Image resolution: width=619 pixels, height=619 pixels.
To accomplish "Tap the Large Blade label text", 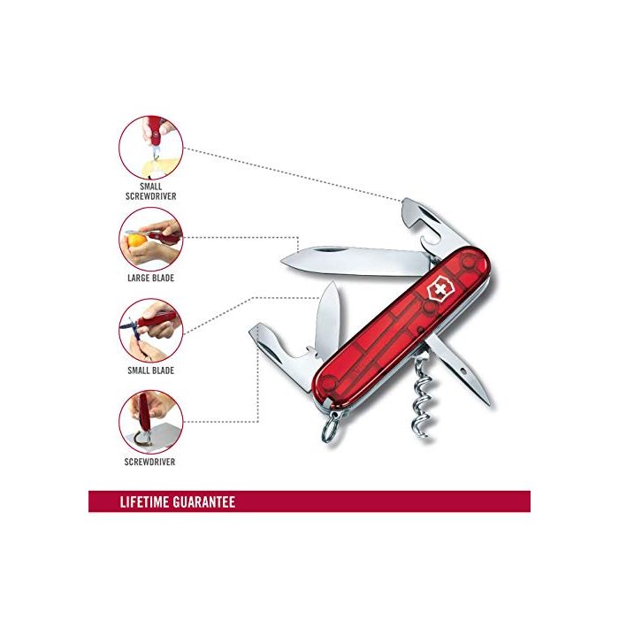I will pyautogui.click(x=151, y=278).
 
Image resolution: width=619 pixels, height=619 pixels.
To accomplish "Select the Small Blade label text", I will pyautogui.click(x=151, y=370).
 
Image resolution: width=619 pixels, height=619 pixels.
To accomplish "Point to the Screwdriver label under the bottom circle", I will pyautogui.click(x=151, y=462).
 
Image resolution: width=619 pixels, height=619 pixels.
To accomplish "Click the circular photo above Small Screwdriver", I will pyautogui.click(x=151, y=149).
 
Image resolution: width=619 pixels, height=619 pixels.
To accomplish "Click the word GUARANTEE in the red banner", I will pyautogui.click(x=206, y=501).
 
